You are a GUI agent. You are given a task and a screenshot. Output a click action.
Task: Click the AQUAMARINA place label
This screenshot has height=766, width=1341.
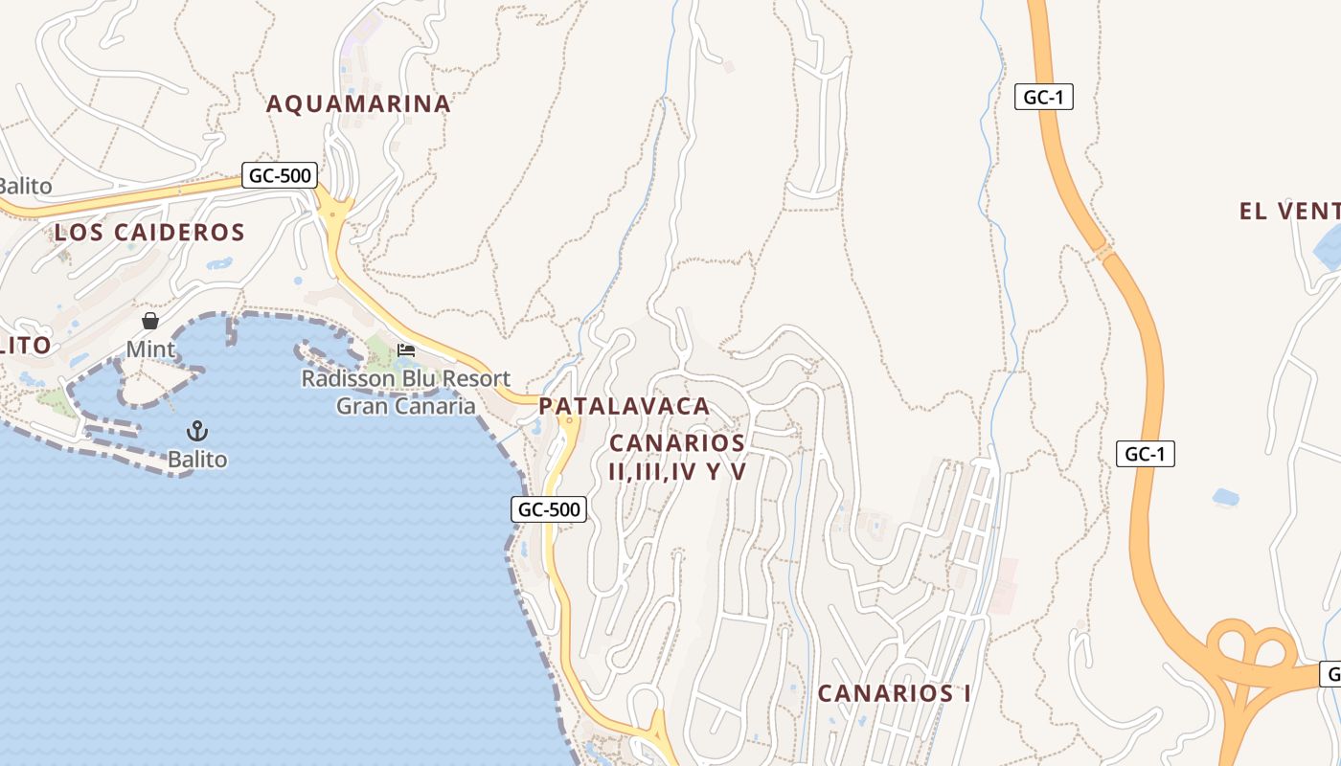357,103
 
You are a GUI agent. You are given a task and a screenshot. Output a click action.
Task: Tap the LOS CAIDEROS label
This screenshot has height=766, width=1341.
149,232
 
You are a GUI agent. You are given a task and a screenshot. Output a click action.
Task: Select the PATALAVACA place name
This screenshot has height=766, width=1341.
624,406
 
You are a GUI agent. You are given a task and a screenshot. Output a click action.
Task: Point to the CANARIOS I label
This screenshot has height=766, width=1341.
894,693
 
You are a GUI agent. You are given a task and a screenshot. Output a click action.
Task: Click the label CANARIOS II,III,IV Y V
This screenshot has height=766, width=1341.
677,457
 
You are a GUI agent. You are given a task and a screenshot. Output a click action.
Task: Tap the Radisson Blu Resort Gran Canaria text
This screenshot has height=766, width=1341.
405,392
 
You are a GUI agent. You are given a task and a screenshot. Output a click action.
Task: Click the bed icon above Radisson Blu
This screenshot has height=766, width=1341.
406,350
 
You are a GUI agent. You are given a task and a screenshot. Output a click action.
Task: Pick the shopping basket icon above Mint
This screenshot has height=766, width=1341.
150,321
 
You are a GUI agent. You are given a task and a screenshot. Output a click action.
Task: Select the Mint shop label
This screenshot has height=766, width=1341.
150,349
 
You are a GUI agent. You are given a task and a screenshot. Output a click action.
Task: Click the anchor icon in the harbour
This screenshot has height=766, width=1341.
197,431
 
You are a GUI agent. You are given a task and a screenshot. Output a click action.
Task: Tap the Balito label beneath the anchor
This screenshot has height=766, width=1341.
197,460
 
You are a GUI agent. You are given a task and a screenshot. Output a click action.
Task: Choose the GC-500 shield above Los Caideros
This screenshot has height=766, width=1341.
279,175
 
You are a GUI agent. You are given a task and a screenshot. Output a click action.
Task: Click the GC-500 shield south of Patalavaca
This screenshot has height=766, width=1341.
549,509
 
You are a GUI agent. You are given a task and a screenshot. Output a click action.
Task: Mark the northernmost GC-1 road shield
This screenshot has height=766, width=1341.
1043,97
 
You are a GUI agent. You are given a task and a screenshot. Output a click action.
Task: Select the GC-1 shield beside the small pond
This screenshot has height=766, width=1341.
1145,454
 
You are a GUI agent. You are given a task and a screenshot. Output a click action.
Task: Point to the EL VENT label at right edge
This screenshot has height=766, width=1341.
1288,212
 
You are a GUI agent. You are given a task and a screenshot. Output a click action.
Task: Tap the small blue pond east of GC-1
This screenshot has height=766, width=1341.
1225,497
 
